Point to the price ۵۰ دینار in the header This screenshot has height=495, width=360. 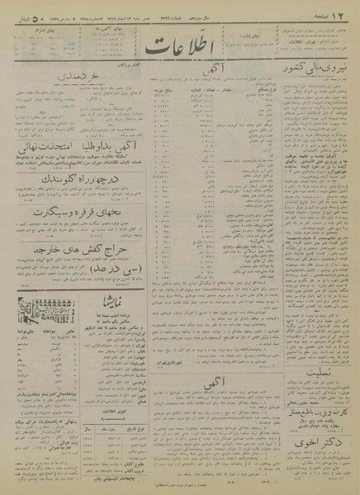pyautogui.click(x=27, y=9)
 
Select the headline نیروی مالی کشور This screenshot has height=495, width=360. pyautogui.click(x=316, y=70)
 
